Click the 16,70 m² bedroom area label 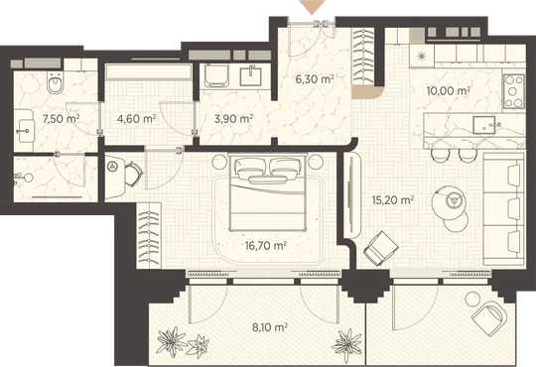point(266,245)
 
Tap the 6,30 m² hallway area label point(314,79)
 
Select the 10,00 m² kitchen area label point(448,91)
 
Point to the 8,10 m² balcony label point(269,327)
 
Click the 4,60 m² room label point(136,119)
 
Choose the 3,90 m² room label point(233,119)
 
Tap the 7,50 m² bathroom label point(61,119)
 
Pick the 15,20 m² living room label point(393,199)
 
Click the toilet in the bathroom point(55,83)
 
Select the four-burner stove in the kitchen point(513,91)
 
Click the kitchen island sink point(484,125)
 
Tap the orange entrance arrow point(312,7)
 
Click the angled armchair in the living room point(380,248)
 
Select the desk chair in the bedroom point(133,174)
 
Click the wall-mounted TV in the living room point(349,195)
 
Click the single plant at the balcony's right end point(347,343)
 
